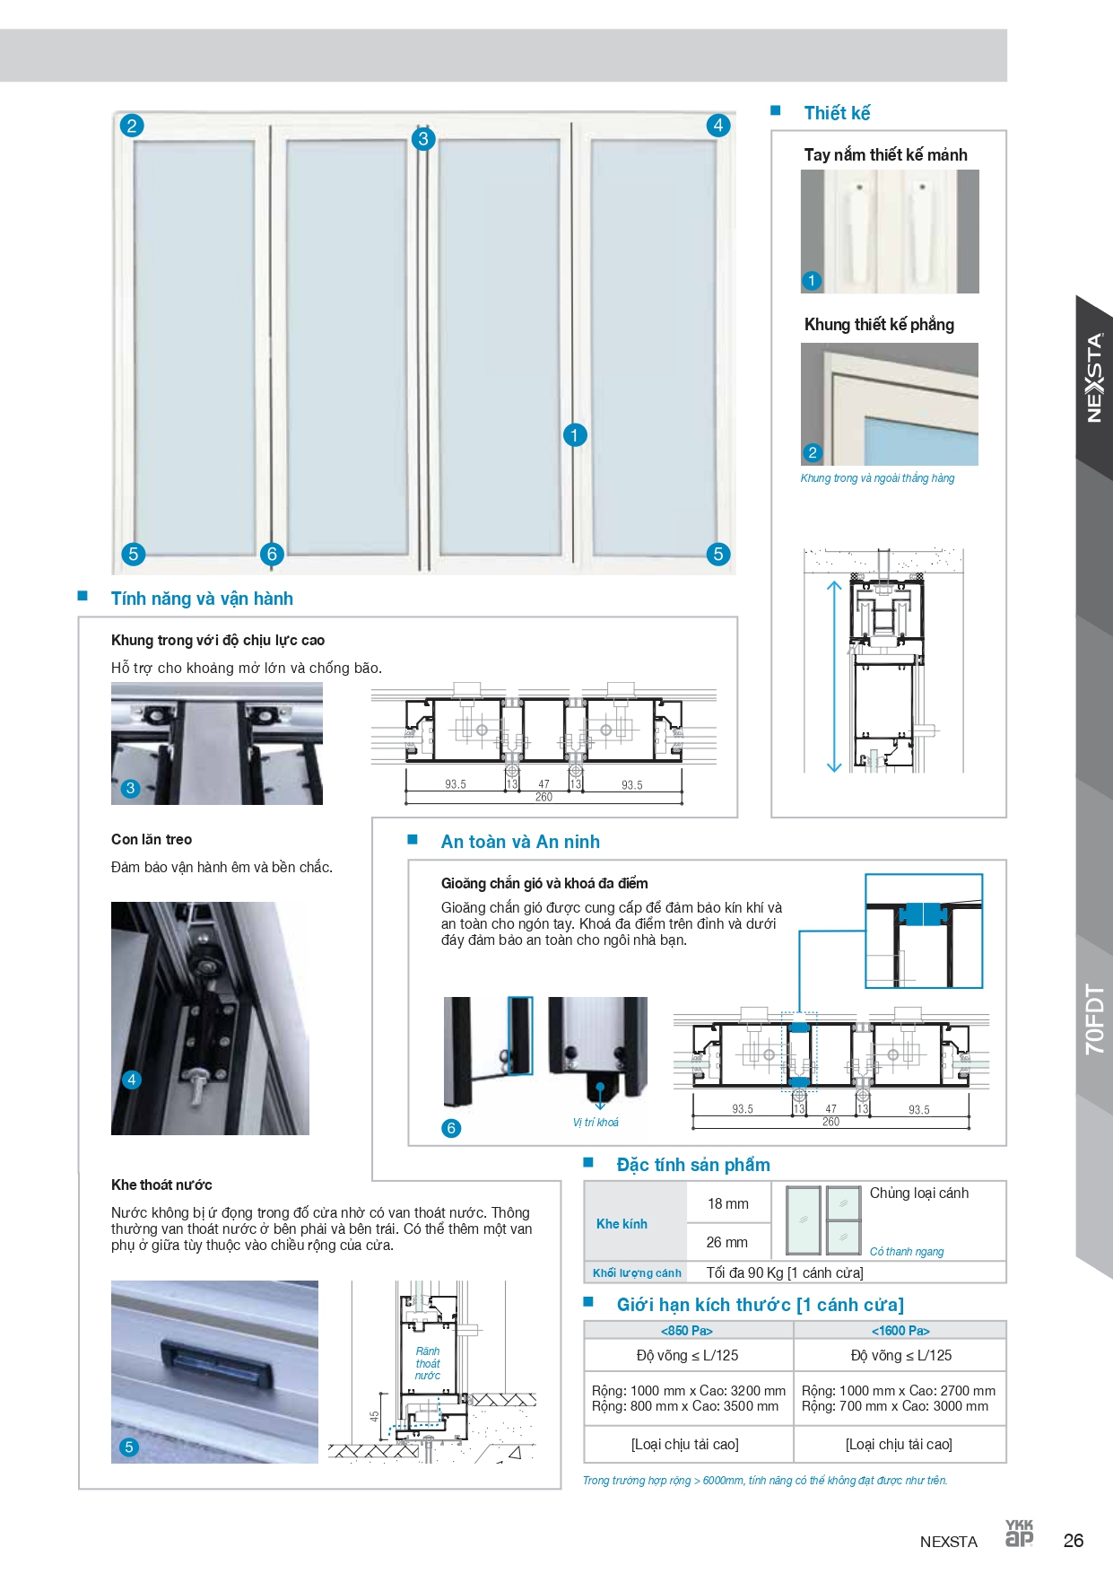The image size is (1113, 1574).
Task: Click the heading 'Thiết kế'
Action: pos(836,113)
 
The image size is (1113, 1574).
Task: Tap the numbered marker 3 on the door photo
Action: pos(423,139)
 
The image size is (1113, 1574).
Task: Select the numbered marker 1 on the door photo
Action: pos(575,435)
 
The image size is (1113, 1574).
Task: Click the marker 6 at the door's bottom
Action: pos(273,554)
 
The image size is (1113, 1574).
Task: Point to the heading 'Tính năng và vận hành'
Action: pos(202,599)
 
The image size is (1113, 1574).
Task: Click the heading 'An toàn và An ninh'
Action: pos(520,842)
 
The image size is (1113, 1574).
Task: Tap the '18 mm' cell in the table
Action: pos(727,1203)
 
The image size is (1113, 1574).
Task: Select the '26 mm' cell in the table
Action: pos(726,1242)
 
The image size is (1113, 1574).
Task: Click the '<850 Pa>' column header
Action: pos(687,1330)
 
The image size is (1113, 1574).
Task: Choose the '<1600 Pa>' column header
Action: pos(900,1330)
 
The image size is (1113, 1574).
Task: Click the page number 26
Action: pos(1073,1541)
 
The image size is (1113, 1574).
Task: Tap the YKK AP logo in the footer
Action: pos(1019,1534)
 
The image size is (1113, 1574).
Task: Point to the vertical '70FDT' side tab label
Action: pos(1094,1019)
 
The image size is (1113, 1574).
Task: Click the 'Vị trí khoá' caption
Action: pos(596,1123)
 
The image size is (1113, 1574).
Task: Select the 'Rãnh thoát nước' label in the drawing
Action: pos(428,1363)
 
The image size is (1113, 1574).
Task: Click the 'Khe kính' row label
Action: pos(622,1224)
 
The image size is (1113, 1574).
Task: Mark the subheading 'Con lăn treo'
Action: pos(152,839)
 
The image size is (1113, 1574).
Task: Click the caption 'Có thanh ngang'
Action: pos(907,1251)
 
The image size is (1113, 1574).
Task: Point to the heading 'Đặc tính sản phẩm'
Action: pos(692,1165)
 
